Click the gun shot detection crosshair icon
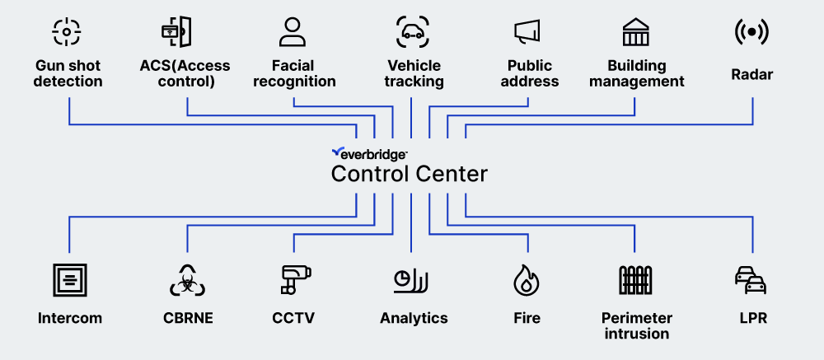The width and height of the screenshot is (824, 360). (68, 31)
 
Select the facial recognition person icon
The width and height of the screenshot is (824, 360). (293, 31)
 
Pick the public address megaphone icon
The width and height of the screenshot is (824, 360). (527, 31)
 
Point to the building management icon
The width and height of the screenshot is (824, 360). (635, 31)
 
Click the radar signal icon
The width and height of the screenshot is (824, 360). (751, 31)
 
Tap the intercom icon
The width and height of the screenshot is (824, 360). (69, 280)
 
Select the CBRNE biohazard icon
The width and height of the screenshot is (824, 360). (187, 280)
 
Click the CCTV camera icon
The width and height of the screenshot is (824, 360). (293, 280)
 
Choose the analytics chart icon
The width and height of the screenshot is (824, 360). (410, 280)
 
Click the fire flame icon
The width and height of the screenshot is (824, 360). (527, 280)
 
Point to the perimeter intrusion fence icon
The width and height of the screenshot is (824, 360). (635, 280)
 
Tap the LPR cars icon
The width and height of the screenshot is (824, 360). (751, 280)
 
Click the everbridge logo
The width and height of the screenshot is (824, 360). (369, 152)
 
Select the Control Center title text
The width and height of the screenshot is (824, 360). (410, 174)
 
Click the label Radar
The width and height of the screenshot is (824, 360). (751, 74)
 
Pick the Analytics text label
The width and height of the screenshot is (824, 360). (414, 318)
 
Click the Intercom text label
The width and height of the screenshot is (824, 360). (70, 318)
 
